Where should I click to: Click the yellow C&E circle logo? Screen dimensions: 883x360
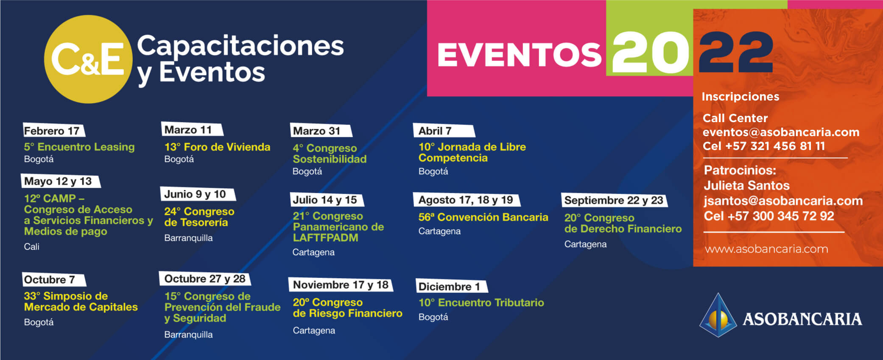coord(88,59)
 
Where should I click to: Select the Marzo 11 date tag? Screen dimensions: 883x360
coord(192,129)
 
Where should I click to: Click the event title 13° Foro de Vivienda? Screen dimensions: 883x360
coord(217,147)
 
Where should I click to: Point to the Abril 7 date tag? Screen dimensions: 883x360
coord(444,131)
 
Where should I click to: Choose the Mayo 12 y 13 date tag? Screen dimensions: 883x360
coord(61,181)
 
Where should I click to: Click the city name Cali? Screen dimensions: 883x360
coord(31,246)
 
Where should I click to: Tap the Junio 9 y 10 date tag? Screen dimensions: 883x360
coord(198,194)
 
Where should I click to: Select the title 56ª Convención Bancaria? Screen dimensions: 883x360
coord(483,217)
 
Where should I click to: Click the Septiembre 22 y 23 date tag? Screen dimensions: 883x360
coord(614,200)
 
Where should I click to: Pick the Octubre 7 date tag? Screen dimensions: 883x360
coord(54,279)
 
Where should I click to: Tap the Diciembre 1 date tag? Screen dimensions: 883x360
coord(452,286)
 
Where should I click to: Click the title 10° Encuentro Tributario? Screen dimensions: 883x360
coord(481,303)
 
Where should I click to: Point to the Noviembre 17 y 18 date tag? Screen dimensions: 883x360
coord(341,285)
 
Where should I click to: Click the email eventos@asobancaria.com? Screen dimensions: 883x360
coord(781,132)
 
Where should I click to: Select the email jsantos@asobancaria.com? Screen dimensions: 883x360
coord(783,201)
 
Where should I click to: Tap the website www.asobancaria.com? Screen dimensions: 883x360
coord(766,249)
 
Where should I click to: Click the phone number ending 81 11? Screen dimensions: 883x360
coord(764,146)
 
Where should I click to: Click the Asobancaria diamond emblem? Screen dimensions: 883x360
coord(718,315)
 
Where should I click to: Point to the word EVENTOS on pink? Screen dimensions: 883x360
coord(519,55)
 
